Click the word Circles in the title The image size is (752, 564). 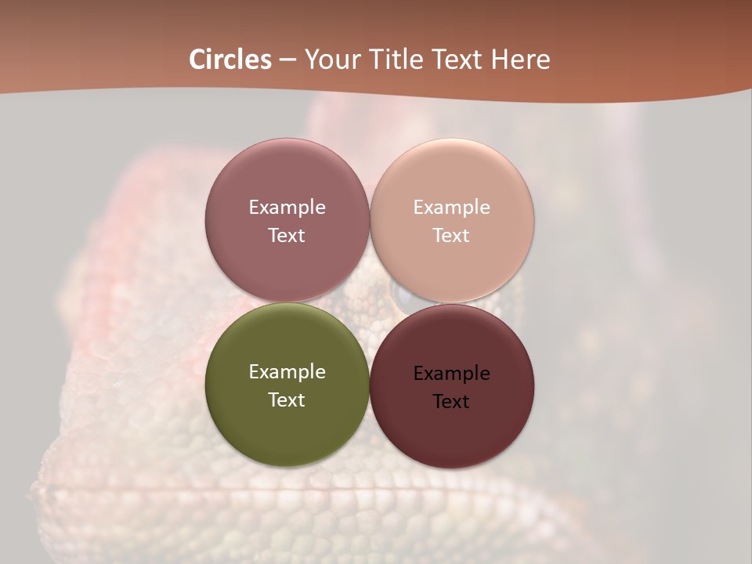pos(230,60)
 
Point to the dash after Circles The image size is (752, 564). pos(287,60)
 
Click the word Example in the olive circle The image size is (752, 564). pos(287,372)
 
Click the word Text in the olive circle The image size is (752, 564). pos(287,399)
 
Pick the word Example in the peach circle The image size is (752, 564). pos(452,208)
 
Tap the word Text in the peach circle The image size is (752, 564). pos(451,235)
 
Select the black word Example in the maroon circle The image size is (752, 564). pos(452,374)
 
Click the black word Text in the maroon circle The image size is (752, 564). pos(451,401)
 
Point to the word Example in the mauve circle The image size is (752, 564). pos(287,208)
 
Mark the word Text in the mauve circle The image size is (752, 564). pos(287,235)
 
